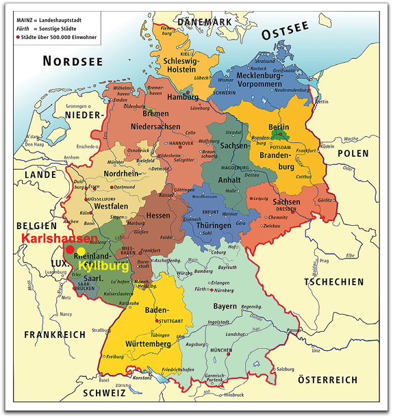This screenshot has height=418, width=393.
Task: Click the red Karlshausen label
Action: (59, 239)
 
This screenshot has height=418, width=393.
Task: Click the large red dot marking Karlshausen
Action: (70, 250)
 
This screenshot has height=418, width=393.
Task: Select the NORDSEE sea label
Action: (73, 62)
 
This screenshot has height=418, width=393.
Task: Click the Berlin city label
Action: (279, 127)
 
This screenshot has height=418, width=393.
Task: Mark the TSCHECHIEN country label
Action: (333, 281)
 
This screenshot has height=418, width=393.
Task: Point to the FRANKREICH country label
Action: (55, 335)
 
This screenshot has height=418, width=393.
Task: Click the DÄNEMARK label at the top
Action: (205, 23)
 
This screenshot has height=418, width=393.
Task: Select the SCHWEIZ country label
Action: (105, 393)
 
